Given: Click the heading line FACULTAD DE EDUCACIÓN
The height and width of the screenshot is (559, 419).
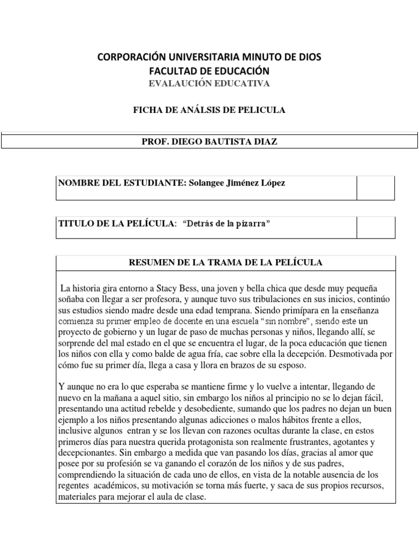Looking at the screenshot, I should (x=209, y=71).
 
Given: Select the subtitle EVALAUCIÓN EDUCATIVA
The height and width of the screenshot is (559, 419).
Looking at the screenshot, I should (x=209, y=83).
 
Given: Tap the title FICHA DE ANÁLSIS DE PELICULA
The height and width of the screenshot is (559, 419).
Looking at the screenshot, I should (x=209, y=110).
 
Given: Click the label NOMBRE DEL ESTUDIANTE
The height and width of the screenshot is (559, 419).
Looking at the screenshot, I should (x=120, y=183).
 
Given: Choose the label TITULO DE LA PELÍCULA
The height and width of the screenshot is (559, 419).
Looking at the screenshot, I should (x=117, y=224).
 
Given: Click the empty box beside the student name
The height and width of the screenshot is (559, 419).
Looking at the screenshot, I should (x=375, y=188).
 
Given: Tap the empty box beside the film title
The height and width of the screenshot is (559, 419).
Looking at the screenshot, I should (x=375, y=227).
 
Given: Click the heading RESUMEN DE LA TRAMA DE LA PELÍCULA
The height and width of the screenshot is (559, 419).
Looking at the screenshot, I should (x=225, y=263).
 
